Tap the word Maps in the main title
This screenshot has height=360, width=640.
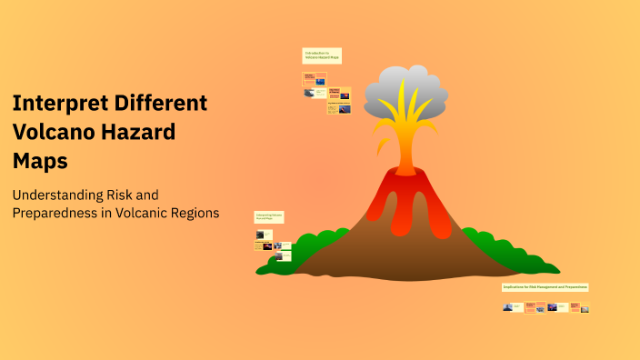coord(40,160)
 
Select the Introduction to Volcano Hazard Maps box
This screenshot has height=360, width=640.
coord(322,55)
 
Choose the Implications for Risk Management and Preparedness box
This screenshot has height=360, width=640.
coord(545,287)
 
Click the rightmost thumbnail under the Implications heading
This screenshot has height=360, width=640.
coord(585,308)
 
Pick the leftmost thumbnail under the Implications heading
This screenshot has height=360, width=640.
coord(508,307)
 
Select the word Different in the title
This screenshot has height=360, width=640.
coord(160,104)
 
